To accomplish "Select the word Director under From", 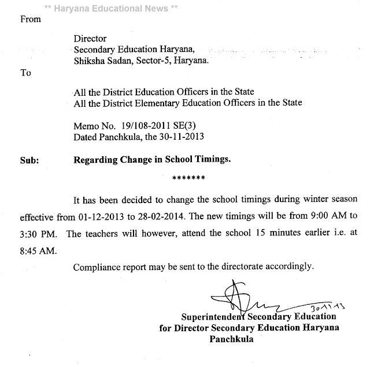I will click(x=89, y=39).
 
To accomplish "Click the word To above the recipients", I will click(x=25, y=74).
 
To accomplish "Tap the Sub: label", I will click(x=29, y=160).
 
